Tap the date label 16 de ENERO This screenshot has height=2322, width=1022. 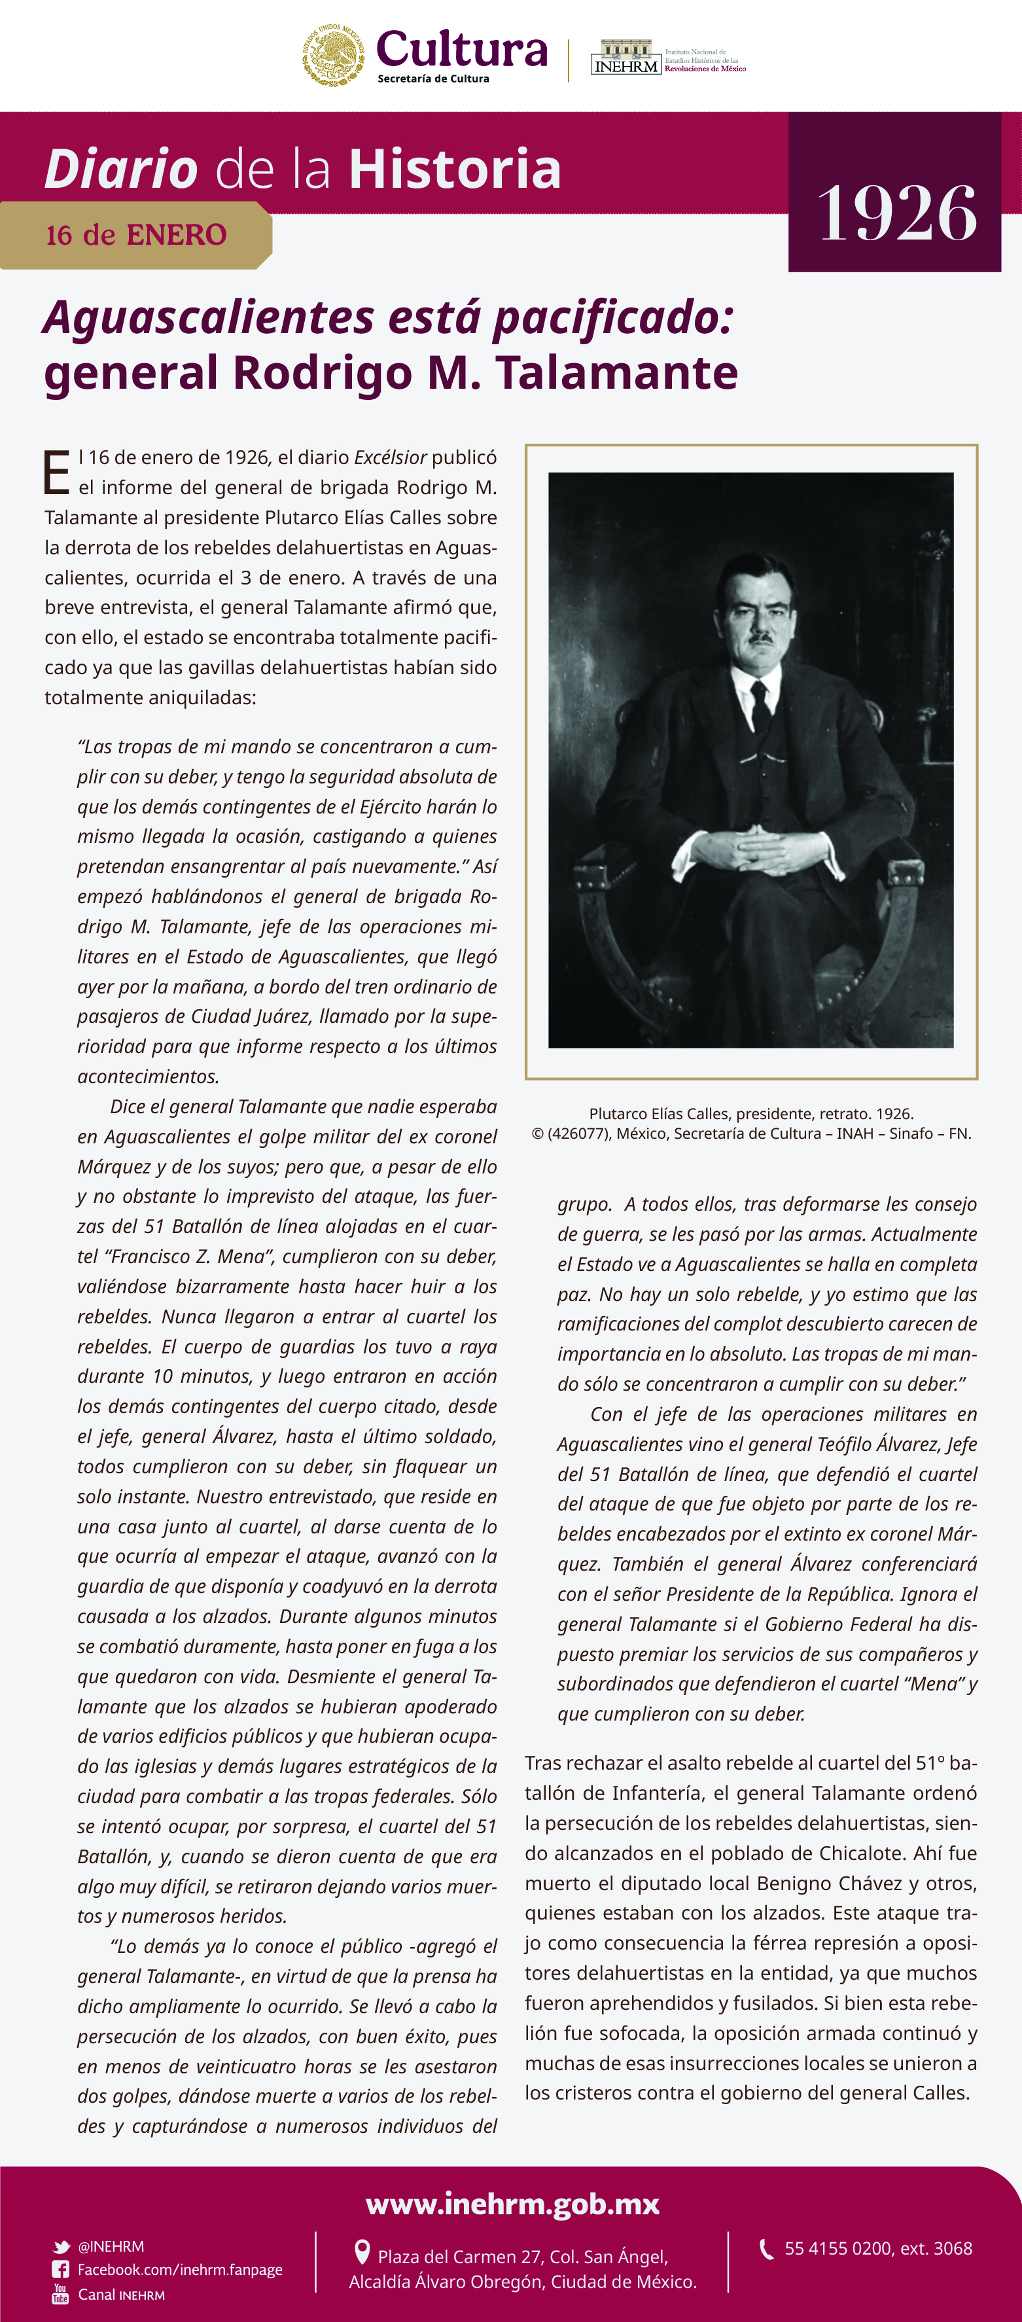136,235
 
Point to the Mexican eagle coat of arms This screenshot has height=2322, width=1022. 334,56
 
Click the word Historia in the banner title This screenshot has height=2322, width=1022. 455,169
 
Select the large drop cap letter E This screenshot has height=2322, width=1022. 56,473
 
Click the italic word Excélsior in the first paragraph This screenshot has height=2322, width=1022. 390,457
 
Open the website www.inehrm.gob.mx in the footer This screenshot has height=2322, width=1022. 512,2204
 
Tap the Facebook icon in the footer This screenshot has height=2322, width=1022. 60,2270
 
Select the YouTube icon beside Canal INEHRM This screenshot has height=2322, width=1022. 60,2294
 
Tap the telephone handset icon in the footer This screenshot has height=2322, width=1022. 767,2249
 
